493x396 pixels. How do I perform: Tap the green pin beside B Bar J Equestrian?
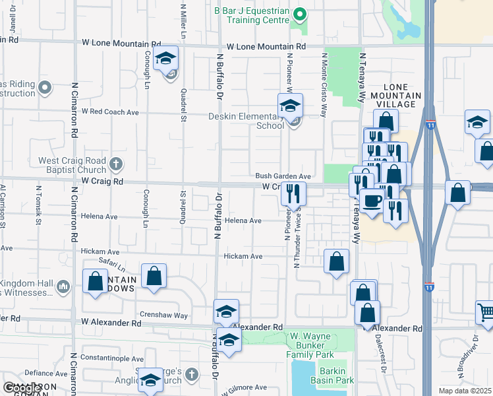(x=299, y=14)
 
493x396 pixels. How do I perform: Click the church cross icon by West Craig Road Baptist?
(x=116, y=163)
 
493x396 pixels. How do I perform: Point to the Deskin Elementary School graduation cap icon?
(x=289, y=106)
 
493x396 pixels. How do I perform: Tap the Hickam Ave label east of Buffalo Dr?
(x=243, y=256)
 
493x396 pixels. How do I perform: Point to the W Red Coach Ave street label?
(x=110, y=112)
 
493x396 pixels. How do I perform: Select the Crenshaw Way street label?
(x=163, y=315)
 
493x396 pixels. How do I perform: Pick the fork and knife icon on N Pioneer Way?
(x=293, y=194)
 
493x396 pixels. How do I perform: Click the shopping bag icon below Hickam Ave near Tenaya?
(x=337, y=261)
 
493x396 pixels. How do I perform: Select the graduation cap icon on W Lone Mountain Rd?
(x=166, y=59)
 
